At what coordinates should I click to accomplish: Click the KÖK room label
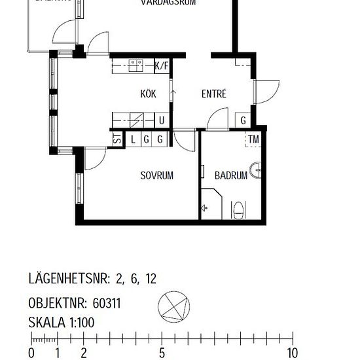(x=149, y=94)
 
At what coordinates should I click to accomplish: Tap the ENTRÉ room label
(x=213, y=94)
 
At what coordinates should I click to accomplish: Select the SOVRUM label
(x=157, y=175)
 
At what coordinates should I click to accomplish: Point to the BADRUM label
(x=231, y=175)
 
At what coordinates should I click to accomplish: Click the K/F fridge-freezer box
(x=162, y=65)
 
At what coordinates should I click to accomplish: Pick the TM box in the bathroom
(x=253, y=139)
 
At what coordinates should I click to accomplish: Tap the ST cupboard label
(x=117, y=139)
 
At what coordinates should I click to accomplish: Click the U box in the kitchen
(x=162, y=120)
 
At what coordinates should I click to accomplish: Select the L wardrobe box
(x=133, y=139)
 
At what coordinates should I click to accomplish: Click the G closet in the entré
(x=243, y=120)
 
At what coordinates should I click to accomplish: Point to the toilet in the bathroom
(x=240, y=210)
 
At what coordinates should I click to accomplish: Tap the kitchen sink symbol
(x=136, y=65)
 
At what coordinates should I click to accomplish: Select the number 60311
(x=107, y=304)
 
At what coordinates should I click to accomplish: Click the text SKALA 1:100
(x=62, y=322)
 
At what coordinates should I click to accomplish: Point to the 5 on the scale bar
(x=162, y=353)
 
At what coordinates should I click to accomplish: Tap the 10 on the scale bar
(x=291, y=353)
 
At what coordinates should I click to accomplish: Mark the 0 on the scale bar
(x=31, y=353)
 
